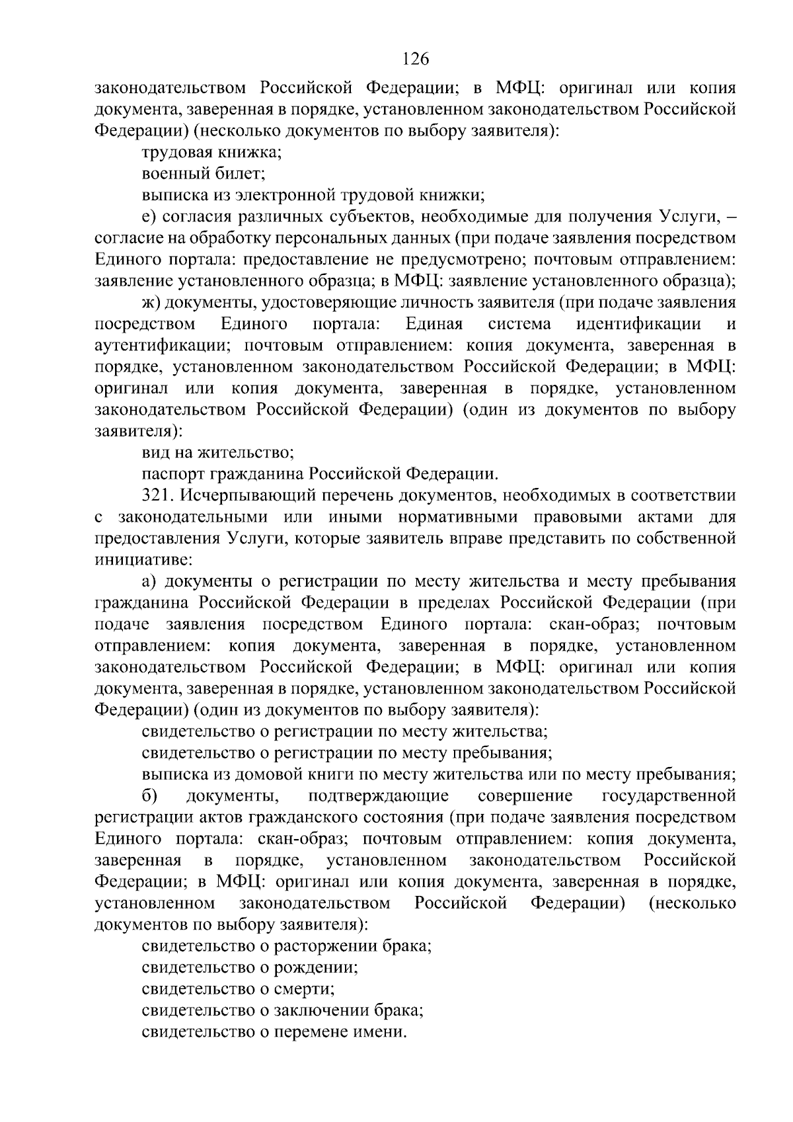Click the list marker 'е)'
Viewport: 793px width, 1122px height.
click(149, 216)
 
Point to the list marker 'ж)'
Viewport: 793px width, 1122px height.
click(151, 303)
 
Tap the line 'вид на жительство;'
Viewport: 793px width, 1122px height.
click(218, 453)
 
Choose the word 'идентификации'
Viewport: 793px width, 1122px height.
click(638, 324)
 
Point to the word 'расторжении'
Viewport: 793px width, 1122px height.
click(328, 946)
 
